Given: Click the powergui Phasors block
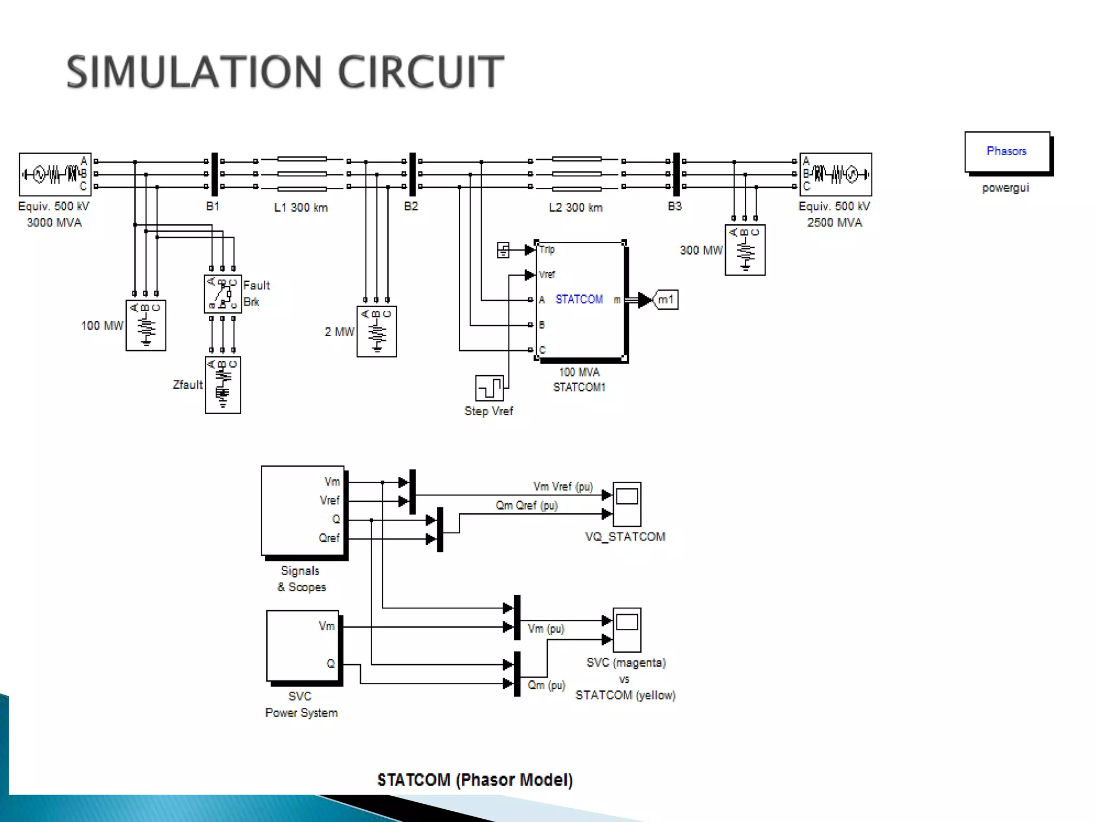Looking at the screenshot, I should [x=1007, y=152].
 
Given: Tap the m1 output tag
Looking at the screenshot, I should [x=666, y=300].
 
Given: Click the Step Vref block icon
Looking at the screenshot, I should [x=489, y=388].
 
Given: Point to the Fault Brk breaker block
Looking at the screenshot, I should [x=222, y=294].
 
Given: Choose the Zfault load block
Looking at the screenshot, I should [x=222, y=385].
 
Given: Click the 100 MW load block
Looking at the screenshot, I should [x=145, y=325].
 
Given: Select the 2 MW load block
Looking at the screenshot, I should [x=376, y=331].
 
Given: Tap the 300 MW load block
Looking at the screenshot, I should [x=745, y=250].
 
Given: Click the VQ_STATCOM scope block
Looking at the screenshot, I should [x=627, y=504].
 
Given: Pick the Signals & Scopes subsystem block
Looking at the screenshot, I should [x=303, y=511].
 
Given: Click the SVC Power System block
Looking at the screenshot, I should [x=303, y=646].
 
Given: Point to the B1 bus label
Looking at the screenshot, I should [x=213, y=207].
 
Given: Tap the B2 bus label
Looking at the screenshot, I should [x=411, y=207].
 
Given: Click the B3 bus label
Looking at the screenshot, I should [x=675, y=207].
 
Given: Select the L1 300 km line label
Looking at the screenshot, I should [x=300, y=208].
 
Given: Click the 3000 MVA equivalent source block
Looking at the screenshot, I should [x=55, y=174].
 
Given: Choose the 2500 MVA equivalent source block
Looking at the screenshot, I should [x=836, y=174].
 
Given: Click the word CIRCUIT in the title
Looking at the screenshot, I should [x=421, y=72].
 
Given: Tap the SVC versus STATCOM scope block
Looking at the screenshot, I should [x=627, y=630].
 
